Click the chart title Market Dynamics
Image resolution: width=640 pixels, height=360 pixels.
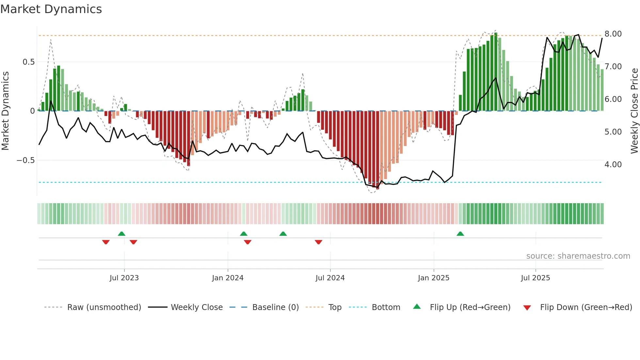point(51,9)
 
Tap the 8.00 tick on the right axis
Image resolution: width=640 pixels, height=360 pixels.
point(613,34)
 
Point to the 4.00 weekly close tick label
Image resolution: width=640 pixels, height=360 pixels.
point(613,165)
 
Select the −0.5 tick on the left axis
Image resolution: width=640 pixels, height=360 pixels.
point(25,160)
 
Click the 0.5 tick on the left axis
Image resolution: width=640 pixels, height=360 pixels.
point(28,62)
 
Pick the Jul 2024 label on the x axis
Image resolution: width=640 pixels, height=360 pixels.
point(330,278)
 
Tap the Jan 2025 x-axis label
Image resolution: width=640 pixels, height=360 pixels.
point(433,278)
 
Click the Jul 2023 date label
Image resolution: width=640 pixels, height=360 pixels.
point(124,278)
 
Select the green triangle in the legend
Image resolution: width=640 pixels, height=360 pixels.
point(417,306)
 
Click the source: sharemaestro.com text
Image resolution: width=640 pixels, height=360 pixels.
point(578,256)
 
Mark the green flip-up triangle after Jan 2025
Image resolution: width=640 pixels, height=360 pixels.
point(460,234)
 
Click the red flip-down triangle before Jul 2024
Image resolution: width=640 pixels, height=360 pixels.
point(318,242)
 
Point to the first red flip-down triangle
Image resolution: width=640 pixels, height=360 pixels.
point(106,242)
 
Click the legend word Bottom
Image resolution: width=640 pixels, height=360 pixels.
point(386,307)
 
